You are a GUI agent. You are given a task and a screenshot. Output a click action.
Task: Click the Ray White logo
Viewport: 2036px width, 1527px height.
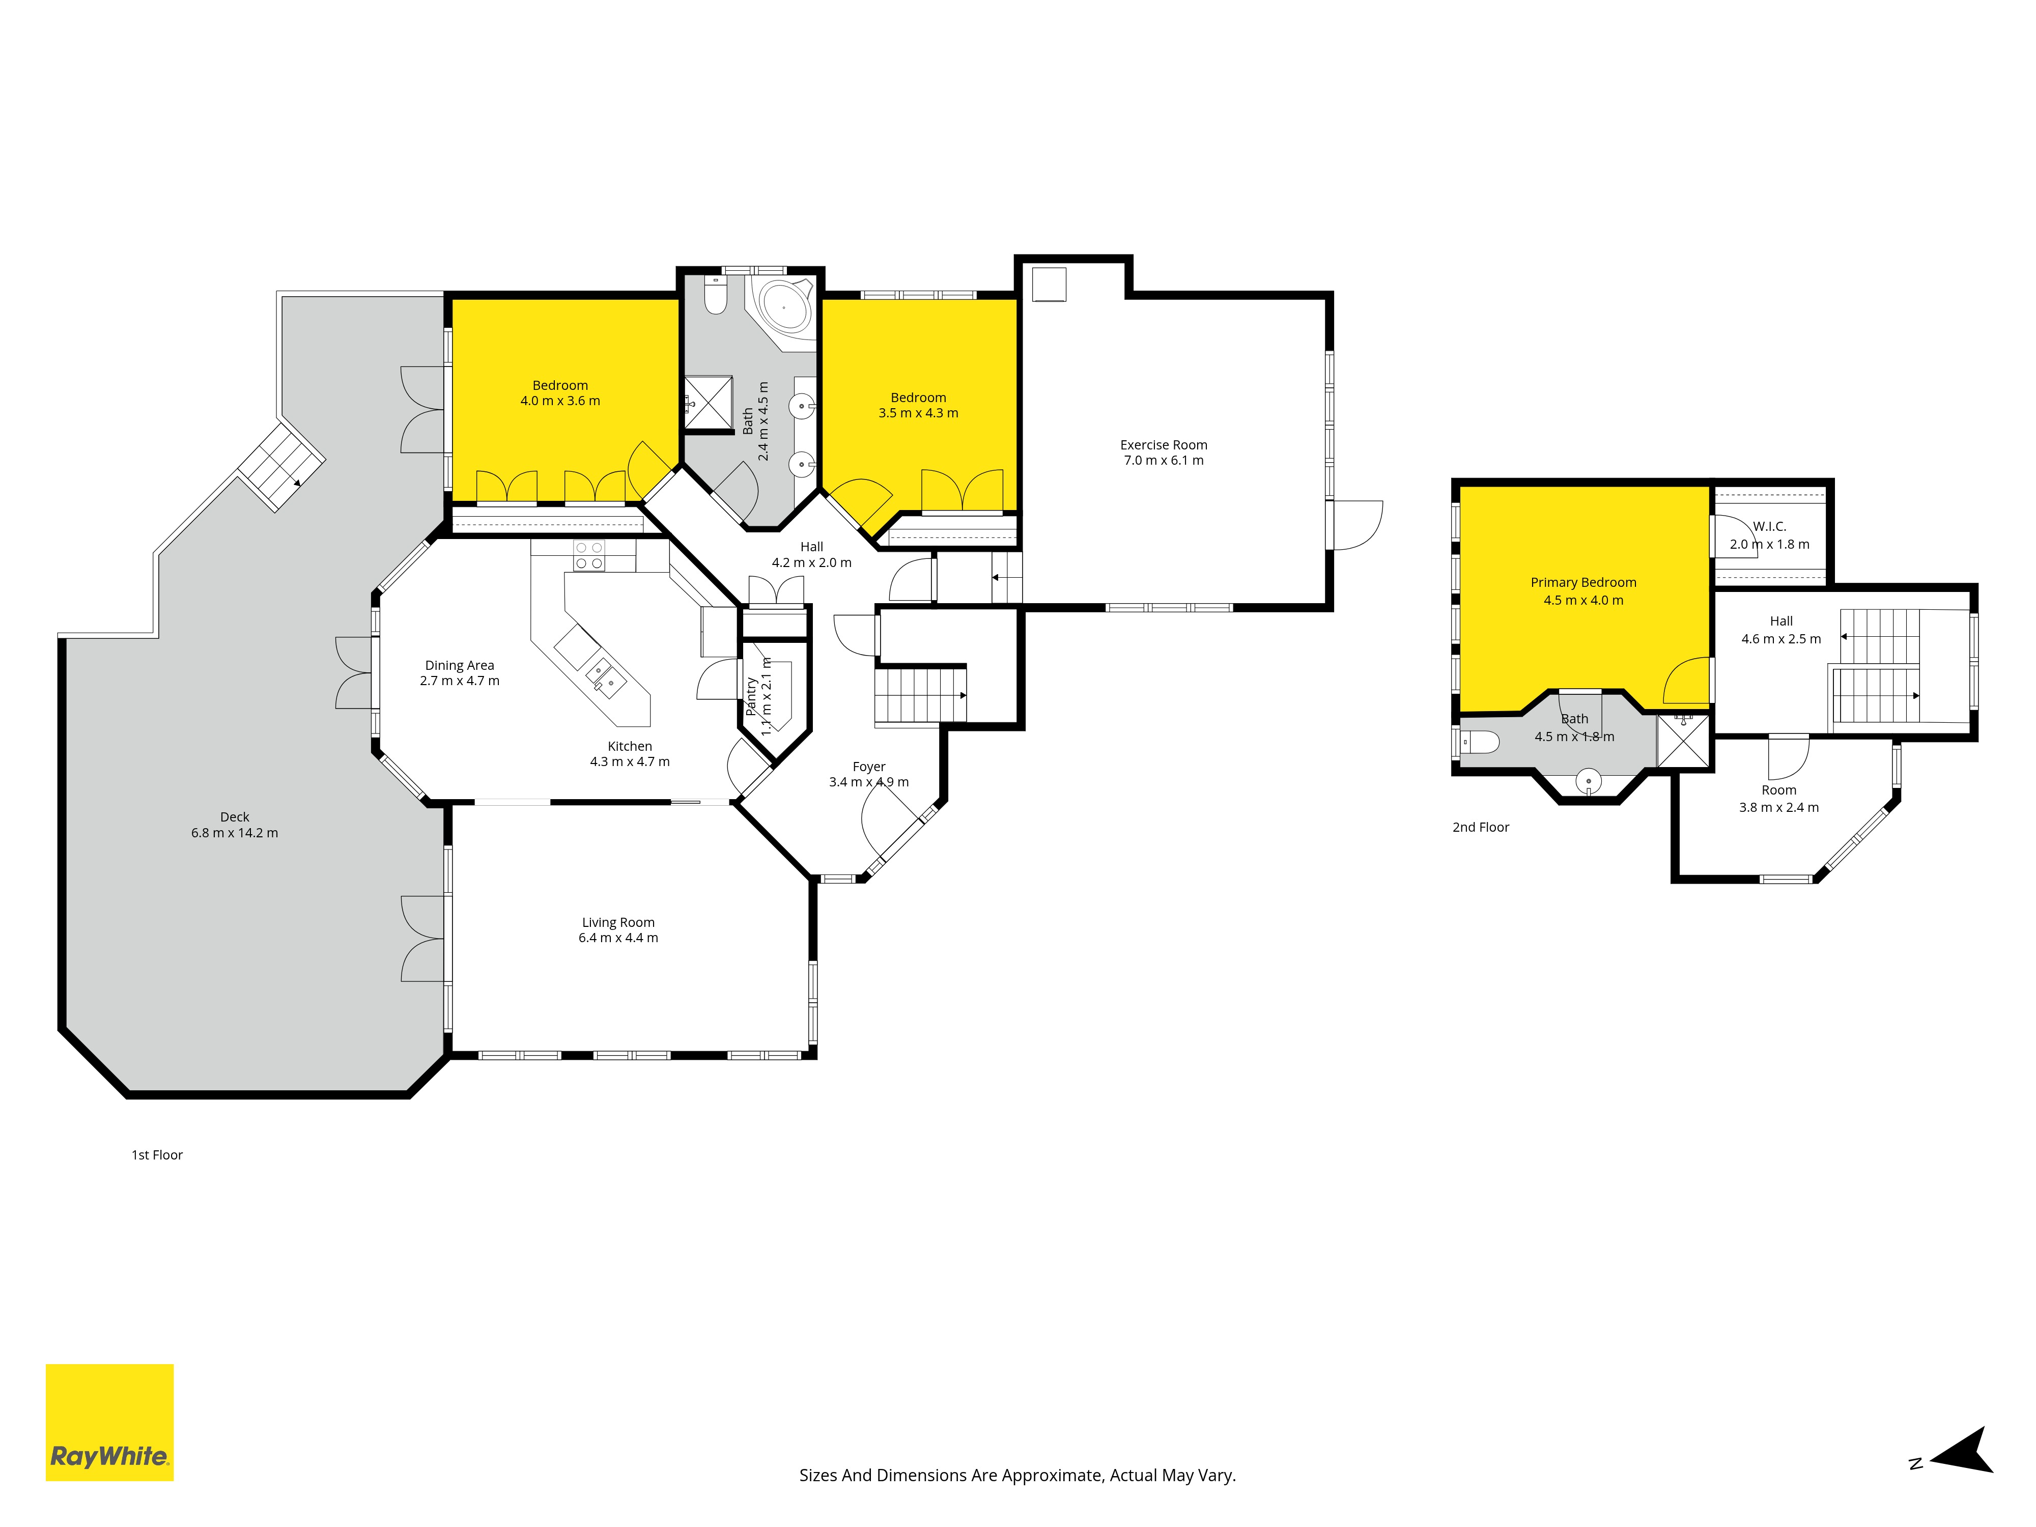click(109, 1422)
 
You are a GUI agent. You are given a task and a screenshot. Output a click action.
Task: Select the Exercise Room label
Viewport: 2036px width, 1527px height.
click(1164, 444)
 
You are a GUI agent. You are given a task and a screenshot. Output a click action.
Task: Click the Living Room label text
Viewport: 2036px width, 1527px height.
click(617, 922)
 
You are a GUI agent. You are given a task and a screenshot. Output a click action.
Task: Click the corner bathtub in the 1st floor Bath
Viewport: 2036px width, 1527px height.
click(783, 306)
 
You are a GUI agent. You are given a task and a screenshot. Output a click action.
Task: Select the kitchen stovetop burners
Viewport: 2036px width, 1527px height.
click(589, 555)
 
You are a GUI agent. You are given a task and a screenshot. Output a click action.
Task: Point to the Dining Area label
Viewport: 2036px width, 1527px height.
click(459, 665)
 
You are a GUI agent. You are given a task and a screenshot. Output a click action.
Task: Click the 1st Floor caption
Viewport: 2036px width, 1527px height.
click(157, 1155)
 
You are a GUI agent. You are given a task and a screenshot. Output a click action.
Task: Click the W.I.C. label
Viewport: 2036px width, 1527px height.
click(1769, 526)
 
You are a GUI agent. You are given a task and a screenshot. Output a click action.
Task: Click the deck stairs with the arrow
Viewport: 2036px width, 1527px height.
click(281, 466)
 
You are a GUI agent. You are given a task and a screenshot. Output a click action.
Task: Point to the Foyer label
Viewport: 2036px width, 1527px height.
click(869, 767)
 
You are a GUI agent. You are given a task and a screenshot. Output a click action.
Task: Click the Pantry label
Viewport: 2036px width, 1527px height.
click(751, 697)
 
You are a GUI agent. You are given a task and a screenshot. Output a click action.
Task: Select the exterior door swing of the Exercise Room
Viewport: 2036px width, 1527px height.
click(1358, 525)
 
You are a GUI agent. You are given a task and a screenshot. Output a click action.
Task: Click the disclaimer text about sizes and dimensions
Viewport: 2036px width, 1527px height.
click(1017, 1476)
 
